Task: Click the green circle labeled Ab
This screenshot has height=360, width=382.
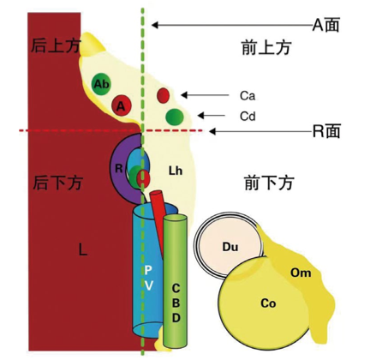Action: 102,84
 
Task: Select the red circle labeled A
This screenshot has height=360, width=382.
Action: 121,106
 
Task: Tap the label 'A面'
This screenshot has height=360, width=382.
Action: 325,25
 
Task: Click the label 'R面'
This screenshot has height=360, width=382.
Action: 326,131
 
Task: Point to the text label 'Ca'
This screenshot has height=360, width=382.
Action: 248,96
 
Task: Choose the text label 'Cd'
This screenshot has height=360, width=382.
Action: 248,117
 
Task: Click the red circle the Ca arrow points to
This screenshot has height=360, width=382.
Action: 164,95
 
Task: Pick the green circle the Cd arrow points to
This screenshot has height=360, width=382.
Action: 175,117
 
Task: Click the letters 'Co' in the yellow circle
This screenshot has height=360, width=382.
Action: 268,303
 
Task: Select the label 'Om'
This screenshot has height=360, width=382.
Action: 301,273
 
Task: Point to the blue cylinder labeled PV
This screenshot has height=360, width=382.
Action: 147,272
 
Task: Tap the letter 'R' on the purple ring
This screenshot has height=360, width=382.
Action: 119,168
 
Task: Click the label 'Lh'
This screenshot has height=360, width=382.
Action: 176,171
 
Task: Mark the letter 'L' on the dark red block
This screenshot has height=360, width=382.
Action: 83,250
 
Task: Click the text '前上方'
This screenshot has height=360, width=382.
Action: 266,47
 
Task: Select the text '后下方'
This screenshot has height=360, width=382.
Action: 58,183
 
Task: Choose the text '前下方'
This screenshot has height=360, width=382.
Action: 269,183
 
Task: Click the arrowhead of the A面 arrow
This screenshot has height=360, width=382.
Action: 154,25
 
